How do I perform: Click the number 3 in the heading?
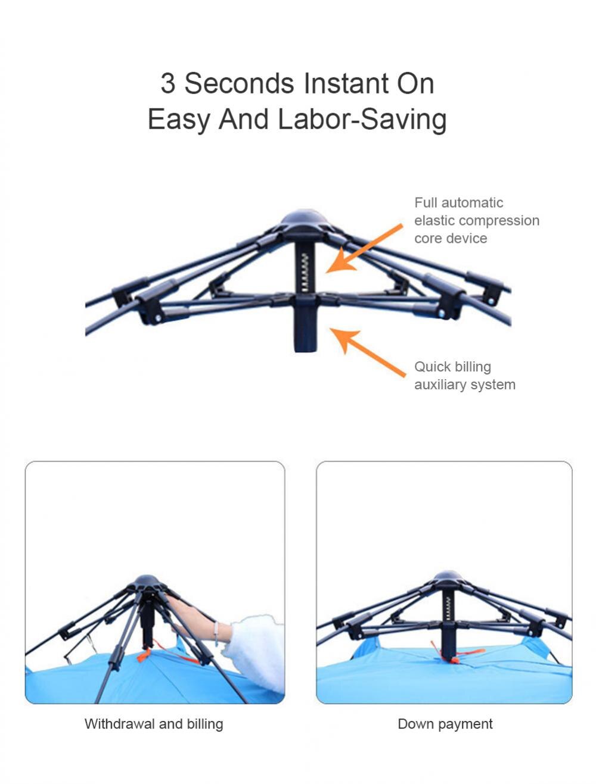click(167, 83)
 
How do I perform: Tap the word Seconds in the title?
click(239, 83)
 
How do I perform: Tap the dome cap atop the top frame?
click(305, 219)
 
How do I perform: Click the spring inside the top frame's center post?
click(305, 271)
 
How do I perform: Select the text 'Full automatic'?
click(458, 202)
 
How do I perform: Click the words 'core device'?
click(451, 238)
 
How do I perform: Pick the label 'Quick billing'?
click(452, 367)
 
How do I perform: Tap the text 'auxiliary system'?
click(465, 385)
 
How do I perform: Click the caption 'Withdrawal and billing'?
click(154, 724)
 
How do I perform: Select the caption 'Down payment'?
click(445, 724)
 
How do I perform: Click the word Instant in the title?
click(347, 83)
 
